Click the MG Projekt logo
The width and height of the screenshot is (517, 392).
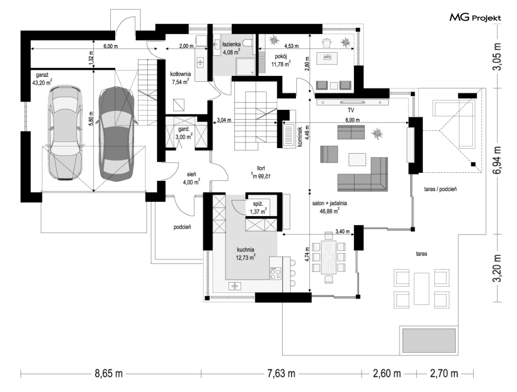[475, 17]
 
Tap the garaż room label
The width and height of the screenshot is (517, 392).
[42, 75]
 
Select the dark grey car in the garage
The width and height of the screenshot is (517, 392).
[116, 133]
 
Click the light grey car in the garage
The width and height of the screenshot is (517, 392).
[65, 133]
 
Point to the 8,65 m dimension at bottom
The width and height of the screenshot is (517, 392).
[109, 374]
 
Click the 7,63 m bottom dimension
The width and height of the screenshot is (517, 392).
[281, 374]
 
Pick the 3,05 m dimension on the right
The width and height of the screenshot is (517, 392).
[497, 56]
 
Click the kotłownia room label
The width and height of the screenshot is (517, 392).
[180, 74]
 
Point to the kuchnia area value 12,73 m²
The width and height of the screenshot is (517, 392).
[246, 257]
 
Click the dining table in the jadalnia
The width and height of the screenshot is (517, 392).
[329, 257]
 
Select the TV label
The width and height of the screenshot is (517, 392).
[351, 110]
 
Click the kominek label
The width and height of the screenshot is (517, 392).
[300, 136]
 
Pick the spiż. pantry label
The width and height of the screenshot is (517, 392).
[258, 204]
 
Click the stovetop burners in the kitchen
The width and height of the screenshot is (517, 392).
[276, 274]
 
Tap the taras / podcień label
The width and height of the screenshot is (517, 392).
[440, 189]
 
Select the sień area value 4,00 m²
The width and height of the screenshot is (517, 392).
[191, 182]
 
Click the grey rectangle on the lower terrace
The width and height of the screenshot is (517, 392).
[429, 340]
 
